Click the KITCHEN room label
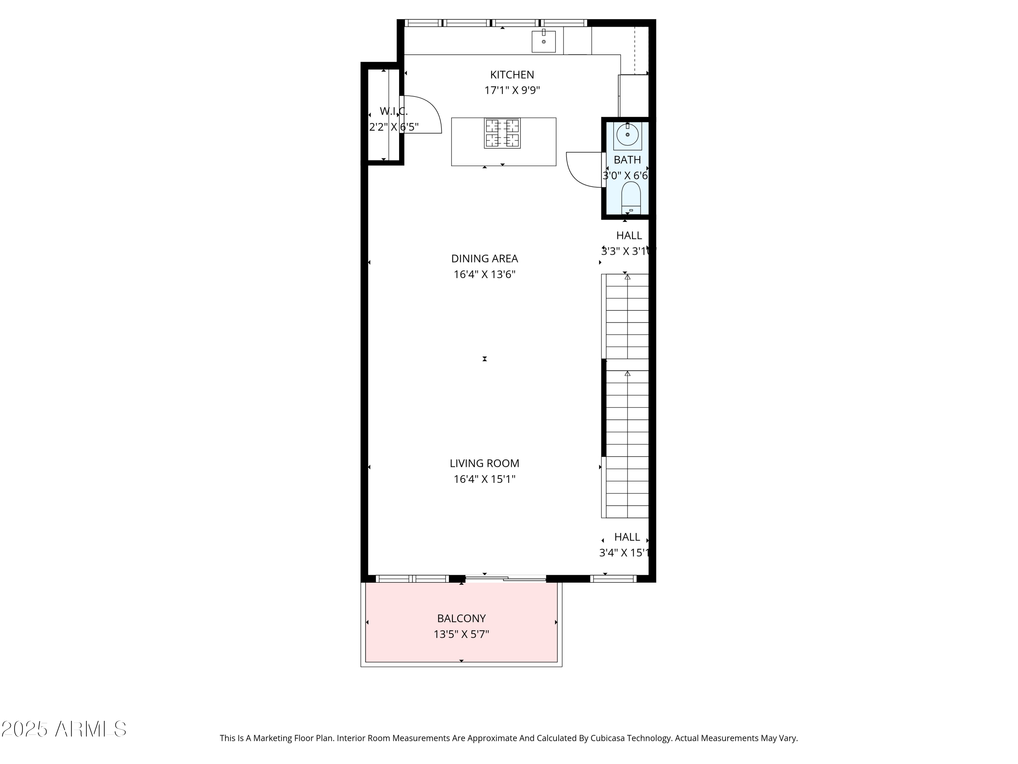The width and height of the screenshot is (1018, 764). tap(512, 75)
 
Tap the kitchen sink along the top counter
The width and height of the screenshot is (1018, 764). tap(544, 41)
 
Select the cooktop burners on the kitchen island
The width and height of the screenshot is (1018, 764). tap(502, 133)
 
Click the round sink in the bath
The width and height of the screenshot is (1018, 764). tap(627, 135)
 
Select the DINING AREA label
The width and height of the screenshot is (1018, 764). tap(484, 259)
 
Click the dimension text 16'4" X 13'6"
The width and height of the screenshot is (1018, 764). tap(484, 274)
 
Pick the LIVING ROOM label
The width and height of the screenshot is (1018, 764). tap(484, 463)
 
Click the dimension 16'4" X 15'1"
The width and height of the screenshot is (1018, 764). tap(484, 479)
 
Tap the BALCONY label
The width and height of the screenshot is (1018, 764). tap(461, 618)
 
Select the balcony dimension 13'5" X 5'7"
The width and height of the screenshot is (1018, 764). tap(461, 634)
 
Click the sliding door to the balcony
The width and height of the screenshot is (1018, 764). tap(505, 578)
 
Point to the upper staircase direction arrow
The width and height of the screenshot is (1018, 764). tap(627, 277)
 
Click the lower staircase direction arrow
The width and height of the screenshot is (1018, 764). tap(627, 374)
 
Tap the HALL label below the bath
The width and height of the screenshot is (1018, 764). tap(629, 235)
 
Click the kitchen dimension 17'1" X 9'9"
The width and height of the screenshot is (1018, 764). tap(512, 90)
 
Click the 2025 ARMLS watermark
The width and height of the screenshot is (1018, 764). tap(64, 729)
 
